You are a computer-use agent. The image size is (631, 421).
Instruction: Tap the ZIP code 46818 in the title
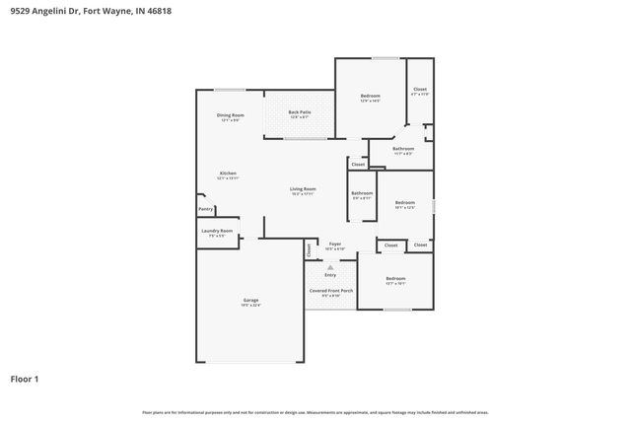[159, 12]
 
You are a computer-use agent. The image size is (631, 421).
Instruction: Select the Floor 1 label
[25, 378]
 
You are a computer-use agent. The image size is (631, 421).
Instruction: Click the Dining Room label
[230, 115]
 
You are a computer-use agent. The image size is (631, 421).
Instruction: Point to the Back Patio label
[300, 112]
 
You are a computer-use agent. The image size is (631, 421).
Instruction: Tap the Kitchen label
[228, 174]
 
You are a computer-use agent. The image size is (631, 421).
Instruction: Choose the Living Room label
[303, 188]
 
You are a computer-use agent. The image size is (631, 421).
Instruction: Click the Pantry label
[206, 209]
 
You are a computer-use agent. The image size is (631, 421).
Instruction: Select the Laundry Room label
[217, 231]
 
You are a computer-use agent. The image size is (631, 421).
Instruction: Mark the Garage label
[250, 300]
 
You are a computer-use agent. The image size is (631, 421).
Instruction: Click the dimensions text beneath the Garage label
[250, 306]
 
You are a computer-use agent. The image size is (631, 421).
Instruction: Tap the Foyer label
[334, 244]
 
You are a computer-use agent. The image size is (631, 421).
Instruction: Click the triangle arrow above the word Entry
[330, 266]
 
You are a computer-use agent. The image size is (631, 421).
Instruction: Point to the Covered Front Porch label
[330, 290]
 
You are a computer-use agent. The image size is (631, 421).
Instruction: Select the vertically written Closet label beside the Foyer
[308, 250]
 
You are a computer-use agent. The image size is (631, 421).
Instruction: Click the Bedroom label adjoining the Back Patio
[370, 96]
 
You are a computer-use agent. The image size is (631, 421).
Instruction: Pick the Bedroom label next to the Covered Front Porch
[394, 278]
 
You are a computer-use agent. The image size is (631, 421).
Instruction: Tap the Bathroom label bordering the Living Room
[362, 193]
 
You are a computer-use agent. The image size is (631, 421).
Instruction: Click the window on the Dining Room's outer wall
[231, 90]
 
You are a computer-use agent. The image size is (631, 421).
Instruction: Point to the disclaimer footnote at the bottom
[315, 412]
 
